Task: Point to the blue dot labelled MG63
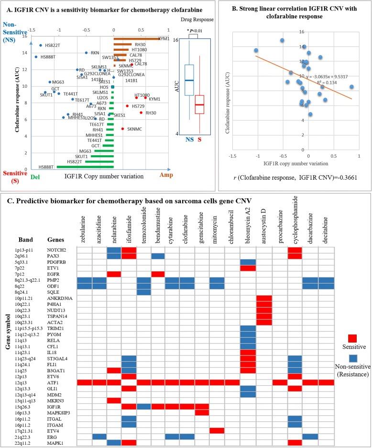[x=50, y=82]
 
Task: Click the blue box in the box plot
[x=189, y=80]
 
